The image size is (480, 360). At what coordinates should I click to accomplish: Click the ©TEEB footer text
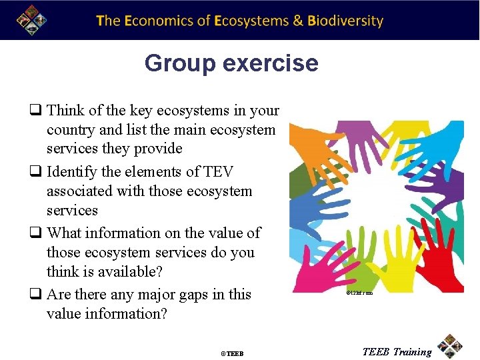pos(232,353)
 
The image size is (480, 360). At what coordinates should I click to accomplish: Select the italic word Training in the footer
pos(412,352)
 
